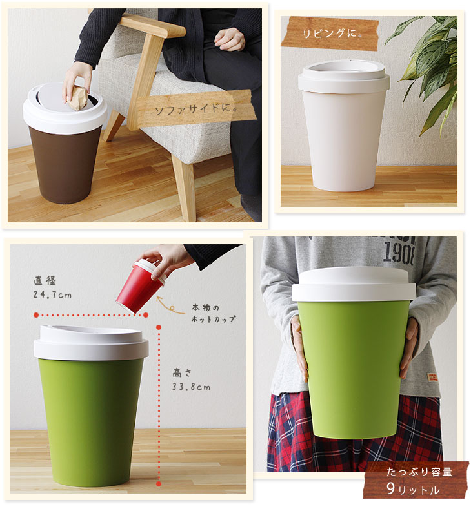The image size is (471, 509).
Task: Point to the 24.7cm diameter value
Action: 52,294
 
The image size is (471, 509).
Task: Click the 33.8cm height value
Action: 191,387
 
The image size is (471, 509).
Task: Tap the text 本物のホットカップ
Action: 213,313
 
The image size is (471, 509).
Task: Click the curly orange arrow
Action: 170,305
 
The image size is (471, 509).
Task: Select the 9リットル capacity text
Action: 412,489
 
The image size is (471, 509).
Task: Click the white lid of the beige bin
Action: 344,77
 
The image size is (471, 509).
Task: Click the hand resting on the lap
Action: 230,39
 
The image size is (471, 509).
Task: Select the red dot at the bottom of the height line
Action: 159,484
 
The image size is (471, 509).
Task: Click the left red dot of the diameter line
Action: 36,315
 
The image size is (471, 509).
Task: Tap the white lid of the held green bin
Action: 354,284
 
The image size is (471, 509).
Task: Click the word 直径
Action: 45,281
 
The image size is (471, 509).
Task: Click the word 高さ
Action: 182,373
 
